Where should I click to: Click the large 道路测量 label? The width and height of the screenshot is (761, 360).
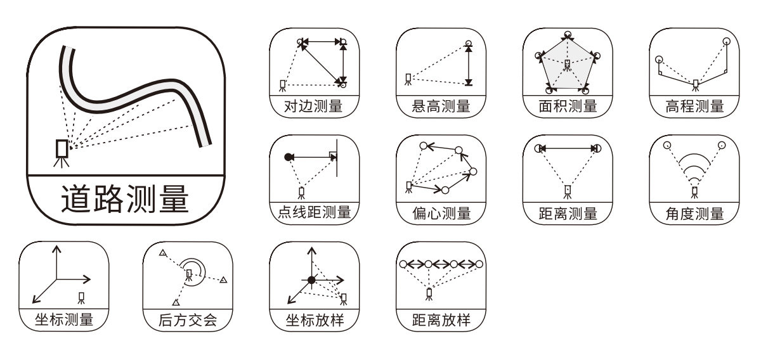coord(125,198)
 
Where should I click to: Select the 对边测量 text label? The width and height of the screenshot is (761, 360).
coord(314,106)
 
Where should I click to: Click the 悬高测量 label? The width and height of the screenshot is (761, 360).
coord(441,106)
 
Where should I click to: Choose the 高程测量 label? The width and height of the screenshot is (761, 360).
coord(694,106)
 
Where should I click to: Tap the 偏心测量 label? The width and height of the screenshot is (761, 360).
coord(441,214)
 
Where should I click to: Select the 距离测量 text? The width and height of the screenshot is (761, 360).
coord(568,214)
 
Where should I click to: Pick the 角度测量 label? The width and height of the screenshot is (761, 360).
coord(694,214)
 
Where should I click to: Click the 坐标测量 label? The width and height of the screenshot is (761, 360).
coord(63,321)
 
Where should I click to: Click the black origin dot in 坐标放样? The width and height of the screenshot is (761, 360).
coord(311,280)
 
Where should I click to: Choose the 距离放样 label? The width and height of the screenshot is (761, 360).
coord(441,321)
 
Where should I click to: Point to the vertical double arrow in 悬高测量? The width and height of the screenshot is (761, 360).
coord(469,63)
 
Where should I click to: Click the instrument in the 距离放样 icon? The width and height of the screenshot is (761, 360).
coord(429,293)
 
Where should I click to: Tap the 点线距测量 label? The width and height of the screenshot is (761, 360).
coord(314,214)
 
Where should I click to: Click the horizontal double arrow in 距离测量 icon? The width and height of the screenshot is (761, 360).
coord(568,148)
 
